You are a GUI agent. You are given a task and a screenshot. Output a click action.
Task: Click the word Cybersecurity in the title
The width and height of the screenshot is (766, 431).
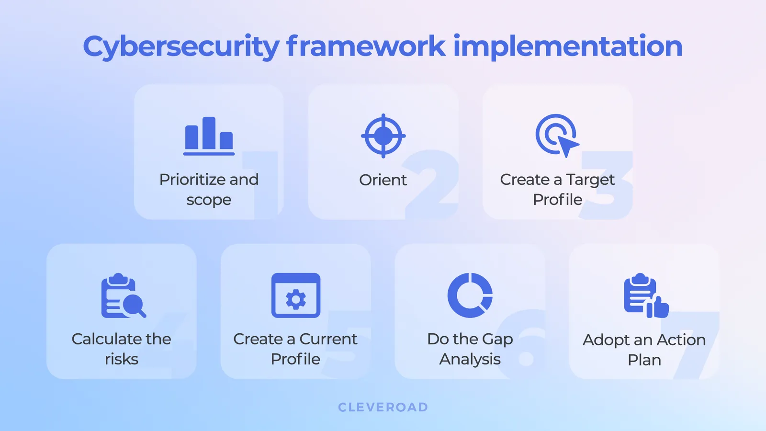(181, 47)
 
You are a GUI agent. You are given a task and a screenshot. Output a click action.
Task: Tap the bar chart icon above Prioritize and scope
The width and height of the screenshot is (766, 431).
(209, 136)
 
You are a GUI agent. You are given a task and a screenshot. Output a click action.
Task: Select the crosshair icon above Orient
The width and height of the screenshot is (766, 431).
(383, 136)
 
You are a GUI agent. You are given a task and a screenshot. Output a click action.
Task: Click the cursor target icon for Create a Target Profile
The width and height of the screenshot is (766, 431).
(556, 135)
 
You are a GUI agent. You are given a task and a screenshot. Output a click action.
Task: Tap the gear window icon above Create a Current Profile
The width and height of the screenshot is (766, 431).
(296, 295)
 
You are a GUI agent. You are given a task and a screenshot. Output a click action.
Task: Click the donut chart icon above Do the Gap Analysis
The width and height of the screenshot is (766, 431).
(470, 295)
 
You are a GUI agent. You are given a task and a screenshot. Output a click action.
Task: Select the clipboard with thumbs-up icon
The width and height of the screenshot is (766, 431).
(645, 296)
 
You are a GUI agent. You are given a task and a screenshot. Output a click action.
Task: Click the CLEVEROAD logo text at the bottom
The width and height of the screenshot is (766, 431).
(383, 407)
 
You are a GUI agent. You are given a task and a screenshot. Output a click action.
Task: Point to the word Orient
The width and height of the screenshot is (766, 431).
(383, 180)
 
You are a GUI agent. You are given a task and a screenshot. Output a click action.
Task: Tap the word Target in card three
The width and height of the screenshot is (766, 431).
(590, 180)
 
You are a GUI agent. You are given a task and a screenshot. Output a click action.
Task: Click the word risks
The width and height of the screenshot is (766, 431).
(122, 359)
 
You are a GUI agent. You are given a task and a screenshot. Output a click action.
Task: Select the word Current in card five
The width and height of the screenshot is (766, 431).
(328, 339)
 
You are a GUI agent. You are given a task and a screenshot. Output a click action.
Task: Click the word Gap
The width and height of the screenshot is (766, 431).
(497, 339)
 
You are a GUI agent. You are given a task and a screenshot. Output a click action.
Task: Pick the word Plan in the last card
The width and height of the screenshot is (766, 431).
(644, 360)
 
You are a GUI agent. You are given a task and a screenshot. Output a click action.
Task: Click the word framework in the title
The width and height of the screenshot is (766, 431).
(366, 47)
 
